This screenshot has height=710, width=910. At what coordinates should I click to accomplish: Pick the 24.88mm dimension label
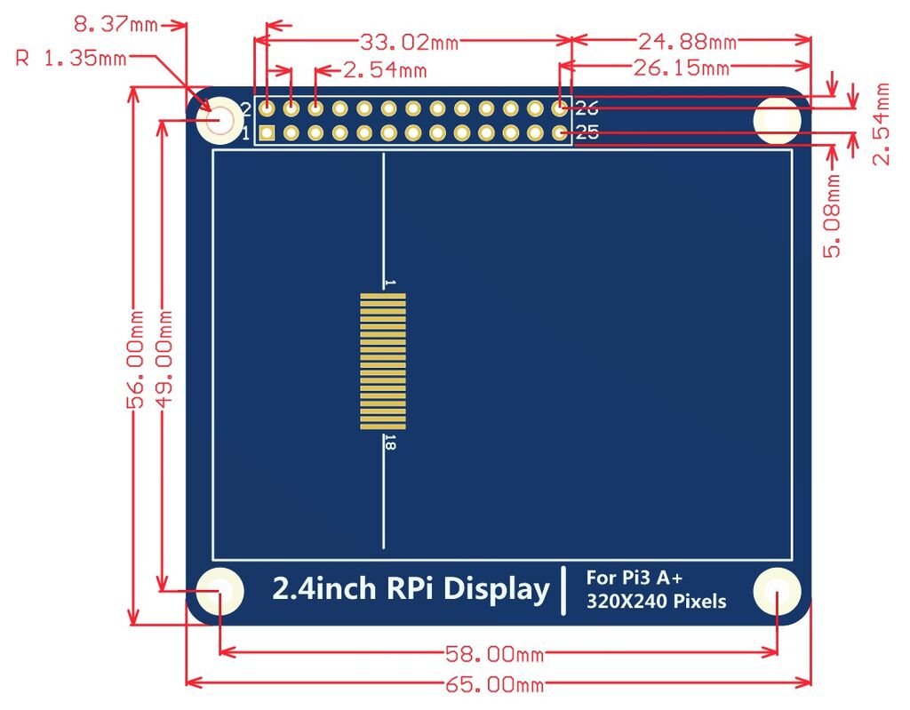(687, 41)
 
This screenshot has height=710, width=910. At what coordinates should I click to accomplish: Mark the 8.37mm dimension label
(115, 24)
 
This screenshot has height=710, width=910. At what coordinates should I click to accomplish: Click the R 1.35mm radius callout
(71, 59)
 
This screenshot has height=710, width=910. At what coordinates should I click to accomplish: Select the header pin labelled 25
(559, 133)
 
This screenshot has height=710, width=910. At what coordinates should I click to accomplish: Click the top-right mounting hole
(778, 119)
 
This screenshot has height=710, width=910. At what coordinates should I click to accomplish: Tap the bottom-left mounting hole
(219, 591)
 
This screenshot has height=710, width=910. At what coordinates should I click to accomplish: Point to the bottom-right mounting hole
(778, 591)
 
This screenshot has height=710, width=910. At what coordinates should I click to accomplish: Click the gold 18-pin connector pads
(383, 362)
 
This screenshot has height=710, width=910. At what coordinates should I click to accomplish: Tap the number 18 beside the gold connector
(389, 443)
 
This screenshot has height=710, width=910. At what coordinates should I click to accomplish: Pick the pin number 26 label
(587, 109)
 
